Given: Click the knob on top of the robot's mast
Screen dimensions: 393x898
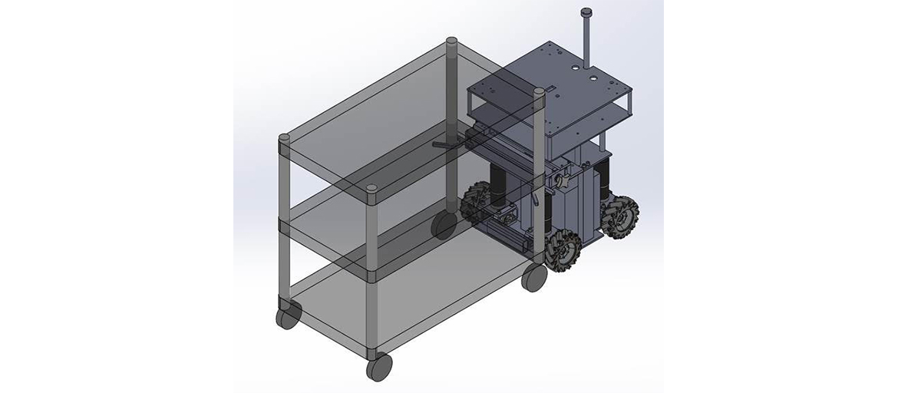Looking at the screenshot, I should point(587,12).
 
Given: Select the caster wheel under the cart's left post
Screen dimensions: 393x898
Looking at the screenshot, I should point(287,315).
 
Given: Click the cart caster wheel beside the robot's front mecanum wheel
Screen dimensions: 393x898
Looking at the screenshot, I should point(533,277).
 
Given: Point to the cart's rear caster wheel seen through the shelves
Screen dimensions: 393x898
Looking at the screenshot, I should point(444,225).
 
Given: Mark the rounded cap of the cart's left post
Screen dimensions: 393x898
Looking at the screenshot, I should point(283,139).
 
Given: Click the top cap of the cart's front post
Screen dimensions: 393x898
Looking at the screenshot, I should point(371,189).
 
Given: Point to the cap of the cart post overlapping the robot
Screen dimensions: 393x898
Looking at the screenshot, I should point(539,92).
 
